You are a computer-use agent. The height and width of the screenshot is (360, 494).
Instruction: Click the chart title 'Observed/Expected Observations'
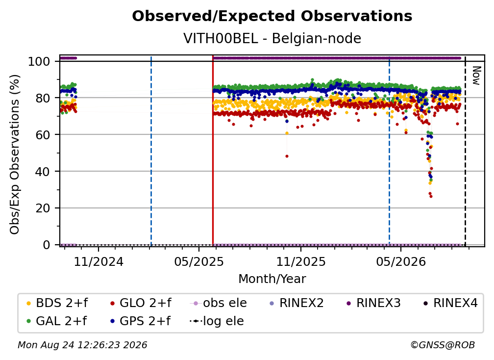272,16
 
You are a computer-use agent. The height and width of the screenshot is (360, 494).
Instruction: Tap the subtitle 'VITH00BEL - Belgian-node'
272,38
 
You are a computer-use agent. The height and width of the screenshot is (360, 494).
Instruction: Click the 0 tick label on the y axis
47,245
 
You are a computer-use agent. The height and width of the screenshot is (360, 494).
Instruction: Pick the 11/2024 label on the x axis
99,261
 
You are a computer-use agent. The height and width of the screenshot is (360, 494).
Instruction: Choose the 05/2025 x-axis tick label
199,261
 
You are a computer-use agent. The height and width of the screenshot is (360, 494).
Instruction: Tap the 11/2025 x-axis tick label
301,261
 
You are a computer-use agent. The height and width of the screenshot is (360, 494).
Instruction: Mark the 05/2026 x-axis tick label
401,261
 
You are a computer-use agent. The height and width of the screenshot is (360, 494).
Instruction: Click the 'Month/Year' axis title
272,279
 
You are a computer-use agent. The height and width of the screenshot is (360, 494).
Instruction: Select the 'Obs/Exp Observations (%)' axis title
15,154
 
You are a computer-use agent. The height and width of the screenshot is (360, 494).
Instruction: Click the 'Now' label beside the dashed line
476,76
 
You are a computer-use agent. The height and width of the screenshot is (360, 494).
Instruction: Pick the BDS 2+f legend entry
57,303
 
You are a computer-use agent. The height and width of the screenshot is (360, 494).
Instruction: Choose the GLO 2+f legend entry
141,303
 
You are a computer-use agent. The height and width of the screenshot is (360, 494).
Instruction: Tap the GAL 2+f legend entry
56,321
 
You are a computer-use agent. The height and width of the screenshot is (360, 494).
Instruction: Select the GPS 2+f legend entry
140,321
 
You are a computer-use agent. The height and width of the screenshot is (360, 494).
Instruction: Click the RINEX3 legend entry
373,303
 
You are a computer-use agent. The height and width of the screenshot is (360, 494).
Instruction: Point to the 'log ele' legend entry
217,321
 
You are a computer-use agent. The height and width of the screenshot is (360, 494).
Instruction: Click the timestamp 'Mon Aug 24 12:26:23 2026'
82,345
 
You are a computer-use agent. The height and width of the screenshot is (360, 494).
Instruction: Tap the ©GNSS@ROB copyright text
443,345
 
